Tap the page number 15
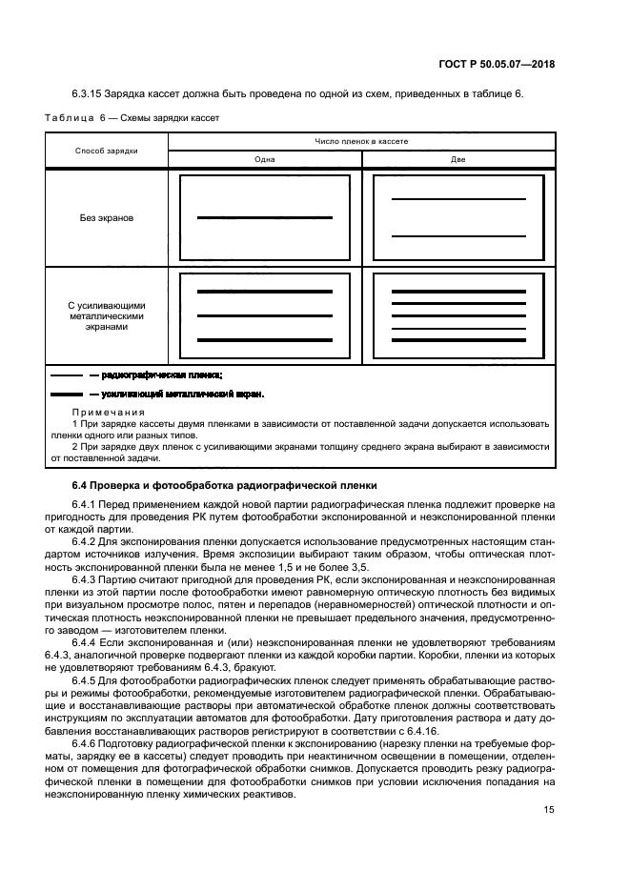click(x=549, y=810)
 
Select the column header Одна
click(x=264, y=159)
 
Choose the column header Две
click(x=457, y=159)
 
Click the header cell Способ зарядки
click(x=107, y=151)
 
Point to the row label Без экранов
click(x=107, y=217)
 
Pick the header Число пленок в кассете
click(x=361, y=141)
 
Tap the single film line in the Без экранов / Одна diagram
click(x=264, y=218)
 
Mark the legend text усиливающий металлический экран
click(x=181, y=394)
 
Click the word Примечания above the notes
click(x=105, y=412)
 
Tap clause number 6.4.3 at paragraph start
click(x=85, y=578)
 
